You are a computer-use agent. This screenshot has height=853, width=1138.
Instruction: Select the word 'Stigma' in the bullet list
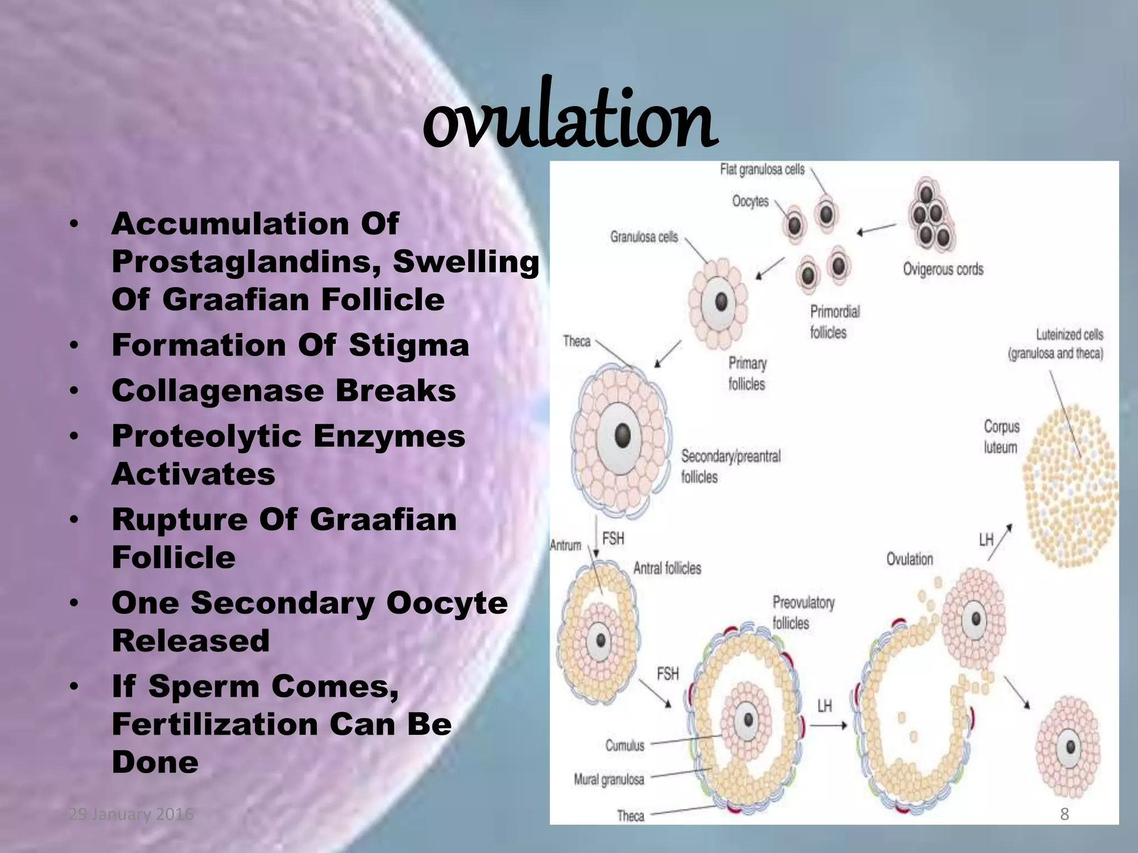[409, 345]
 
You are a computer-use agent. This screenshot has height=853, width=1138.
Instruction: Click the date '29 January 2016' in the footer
[131, 814]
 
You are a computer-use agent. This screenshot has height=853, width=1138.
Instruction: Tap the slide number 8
[1064, 814]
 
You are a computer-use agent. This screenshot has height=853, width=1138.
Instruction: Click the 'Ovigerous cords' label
[943, 269]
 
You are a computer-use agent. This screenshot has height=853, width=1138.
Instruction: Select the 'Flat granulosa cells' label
[762, 169]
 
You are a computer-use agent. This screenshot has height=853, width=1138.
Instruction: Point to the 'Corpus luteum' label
[1001, 437]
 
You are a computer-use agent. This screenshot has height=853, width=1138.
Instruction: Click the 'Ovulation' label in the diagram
[909, 559]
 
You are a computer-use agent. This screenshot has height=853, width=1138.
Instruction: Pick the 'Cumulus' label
[625, 745]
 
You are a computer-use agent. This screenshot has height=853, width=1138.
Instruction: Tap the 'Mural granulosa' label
[608, 780]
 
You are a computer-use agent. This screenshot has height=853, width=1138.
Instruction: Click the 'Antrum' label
[565, 545]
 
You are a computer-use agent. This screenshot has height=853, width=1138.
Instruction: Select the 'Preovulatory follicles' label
[803, 613]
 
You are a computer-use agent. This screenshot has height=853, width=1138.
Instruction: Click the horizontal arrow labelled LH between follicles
[828, 725]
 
